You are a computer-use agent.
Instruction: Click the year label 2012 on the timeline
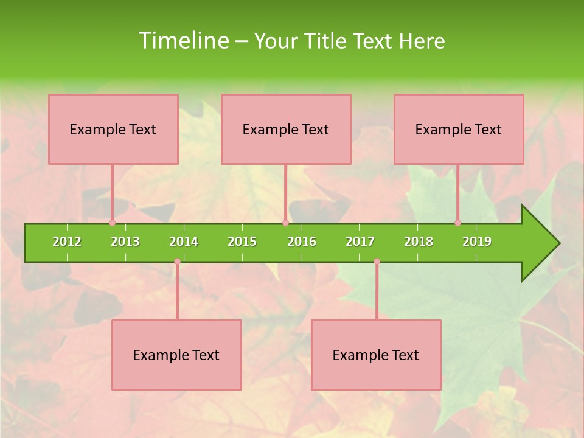coord(67,242)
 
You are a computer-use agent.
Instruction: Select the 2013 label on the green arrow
coord(125,242)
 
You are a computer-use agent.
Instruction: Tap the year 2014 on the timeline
coord(184,242)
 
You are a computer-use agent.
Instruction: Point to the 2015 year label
coord(242,242)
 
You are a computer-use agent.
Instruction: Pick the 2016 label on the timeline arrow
coord(302,242)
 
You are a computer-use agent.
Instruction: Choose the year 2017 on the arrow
coord(360,242)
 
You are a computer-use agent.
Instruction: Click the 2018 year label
coord(419,242)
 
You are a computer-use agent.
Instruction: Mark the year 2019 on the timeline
coord(477,242)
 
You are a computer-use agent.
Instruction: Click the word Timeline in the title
coord(182,41)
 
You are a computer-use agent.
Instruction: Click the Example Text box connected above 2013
coord(113,129)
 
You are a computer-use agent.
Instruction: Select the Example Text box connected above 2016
coord(286,129)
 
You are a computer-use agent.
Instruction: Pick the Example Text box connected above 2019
coord(459,129)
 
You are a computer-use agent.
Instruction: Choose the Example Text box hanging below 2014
coord(176,355)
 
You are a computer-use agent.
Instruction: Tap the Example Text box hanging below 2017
coord(376,355)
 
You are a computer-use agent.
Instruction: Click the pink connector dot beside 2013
coord(112,223)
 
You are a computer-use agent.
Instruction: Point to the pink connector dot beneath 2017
coord(377,262)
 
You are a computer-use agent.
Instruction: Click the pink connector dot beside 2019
coord(457,223)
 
